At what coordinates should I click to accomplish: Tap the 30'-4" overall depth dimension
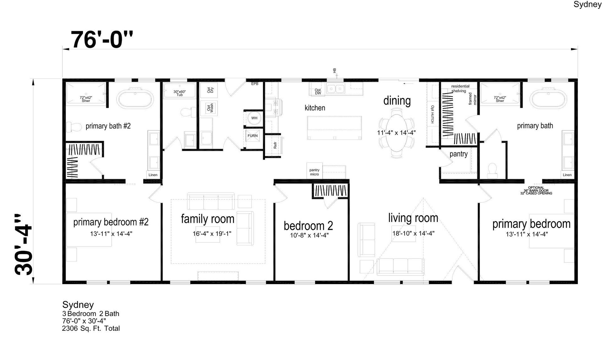click(24, 245)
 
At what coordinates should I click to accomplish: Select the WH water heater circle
click(254, 118)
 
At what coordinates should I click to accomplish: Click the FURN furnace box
click(253, 136)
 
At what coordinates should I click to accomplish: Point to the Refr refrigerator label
click(275, 145)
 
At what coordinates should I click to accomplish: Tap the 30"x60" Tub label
click(180, 93)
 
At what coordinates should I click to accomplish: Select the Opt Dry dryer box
click(209, 90)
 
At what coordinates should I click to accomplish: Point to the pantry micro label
click(314, 172)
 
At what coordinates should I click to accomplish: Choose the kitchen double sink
click(335, 89)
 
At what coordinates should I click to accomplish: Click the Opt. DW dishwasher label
click(318, 91)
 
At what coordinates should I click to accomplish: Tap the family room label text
click(208, 219)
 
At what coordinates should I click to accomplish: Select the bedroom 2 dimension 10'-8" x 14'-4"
click(309, 235)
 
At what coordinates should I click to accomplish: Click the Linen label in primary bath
click(567, 175)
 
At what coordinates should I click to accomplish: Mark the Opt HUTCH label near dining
click(432, 114)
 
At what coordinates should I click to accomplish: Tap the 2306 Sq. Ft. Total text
click(91, 329)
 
